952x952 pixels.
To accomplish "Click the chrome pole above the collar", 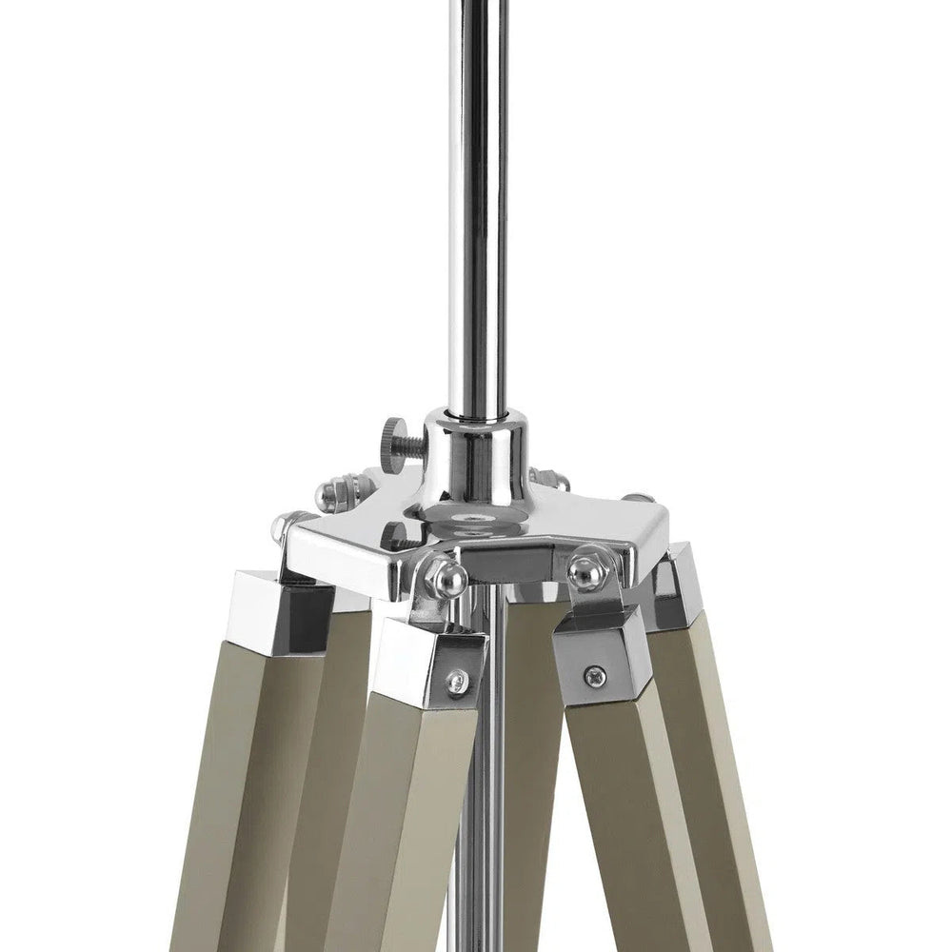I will click(x=472, y=238).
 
